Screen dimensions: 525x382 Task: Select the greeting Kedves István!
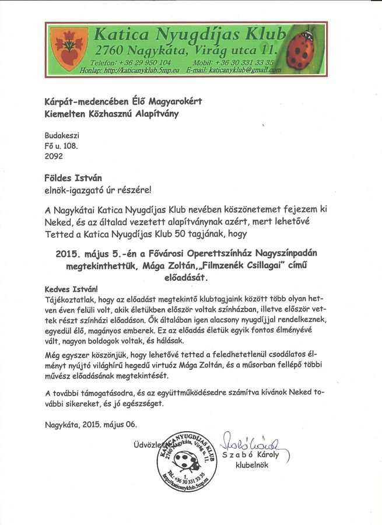[x=72, y=289]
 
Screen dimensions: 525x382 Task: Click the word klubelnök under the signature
[x=251, y=465]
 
